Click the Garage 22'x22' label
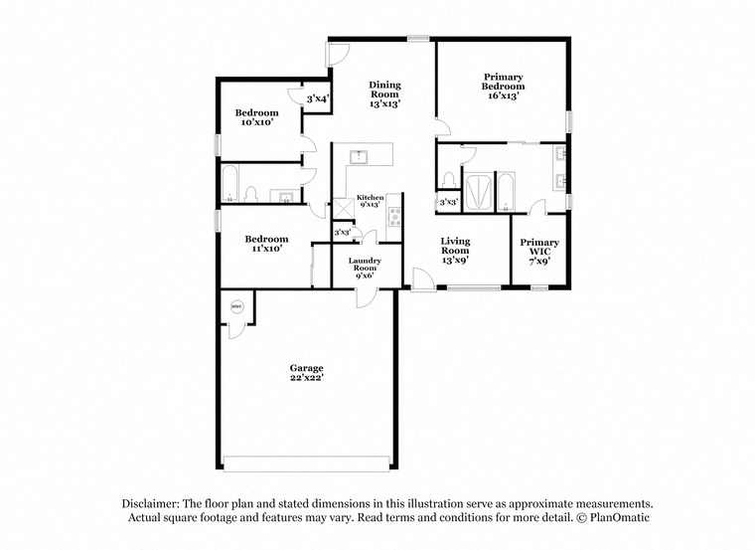[306, 373]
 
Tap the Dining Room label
[385, 94]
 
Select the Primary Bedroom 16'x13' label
[504, 82]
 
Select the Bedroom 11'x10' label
[266, 244]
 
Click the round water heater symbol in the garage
[237, 307]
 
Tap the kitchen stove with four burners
[393, 215]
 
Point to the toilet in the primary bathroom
[450, 179]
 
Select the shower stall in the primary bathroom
[479, 192]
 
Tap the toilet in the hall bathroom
[252, 193]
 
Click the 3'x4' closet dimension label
[318, 98]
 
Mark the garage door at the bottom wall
[307, 463]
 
